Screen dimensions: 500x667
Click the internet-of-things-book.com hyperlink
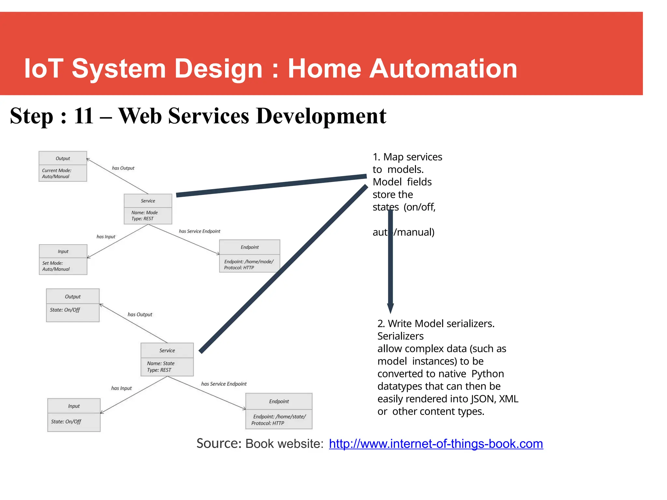(436, 444)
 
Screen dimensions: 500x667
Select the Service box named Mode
(148, 209)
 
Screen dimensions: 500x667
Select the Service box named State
(167, 359)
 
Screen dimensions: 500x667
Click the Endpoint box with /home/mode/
(249, 256)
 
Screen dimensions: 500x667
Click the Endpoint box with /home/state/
(279, 411)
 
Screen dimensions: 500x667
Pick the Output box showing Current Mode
(63, 166)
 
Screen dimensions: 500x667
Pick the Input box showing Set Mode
(63, 259)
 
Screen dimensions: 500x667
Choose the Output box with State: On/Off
(73, 305)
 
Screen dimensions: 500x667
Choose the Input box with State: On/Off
(74, 415)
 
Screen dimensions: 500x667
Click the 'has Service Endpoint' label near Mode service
(199, 231)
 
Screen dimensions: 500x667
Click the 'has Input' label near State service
(121, 388)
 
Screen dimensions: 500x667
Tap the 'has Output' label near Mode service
(123, 168)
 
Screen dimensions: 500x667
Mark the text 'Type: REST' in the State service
(159, 370)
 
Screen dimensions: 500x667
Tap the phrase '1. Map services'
(407, 157)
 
